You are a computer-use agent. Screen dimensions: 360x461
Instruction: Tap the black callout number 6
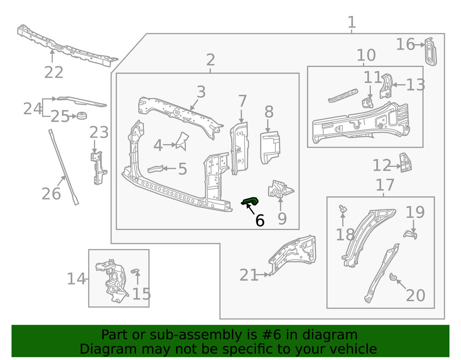[260, 221]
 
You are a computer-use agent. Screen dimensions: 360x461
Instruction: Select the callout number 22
[53, 72]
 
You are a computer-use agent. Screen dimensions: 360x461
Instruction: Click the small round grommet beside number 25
[82, 115]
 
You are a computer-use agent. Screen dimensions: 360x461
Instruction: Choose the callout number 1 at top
[351, 22]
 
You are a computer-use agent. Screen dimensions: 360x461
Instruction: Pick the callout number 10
[366, 55]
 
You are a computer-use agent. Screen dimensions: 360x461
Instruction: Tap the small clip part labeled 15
[136, 270]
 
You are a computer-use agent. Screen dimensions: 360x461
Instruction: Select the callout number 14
[77, 279]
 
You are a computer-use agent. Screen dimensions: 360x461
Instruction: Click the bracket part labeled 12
[405, 163]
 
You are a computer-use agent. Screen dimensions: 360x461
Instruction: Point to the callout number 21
[249, 275]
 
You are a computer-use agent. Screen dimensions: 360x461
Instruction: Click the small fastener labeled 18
[343, 210]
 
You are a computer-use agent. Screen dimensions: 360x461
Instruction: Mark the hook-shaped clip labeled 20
[392, 277]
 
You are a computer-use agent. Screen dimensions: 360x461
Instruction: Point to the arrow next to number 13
[398, 85]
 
